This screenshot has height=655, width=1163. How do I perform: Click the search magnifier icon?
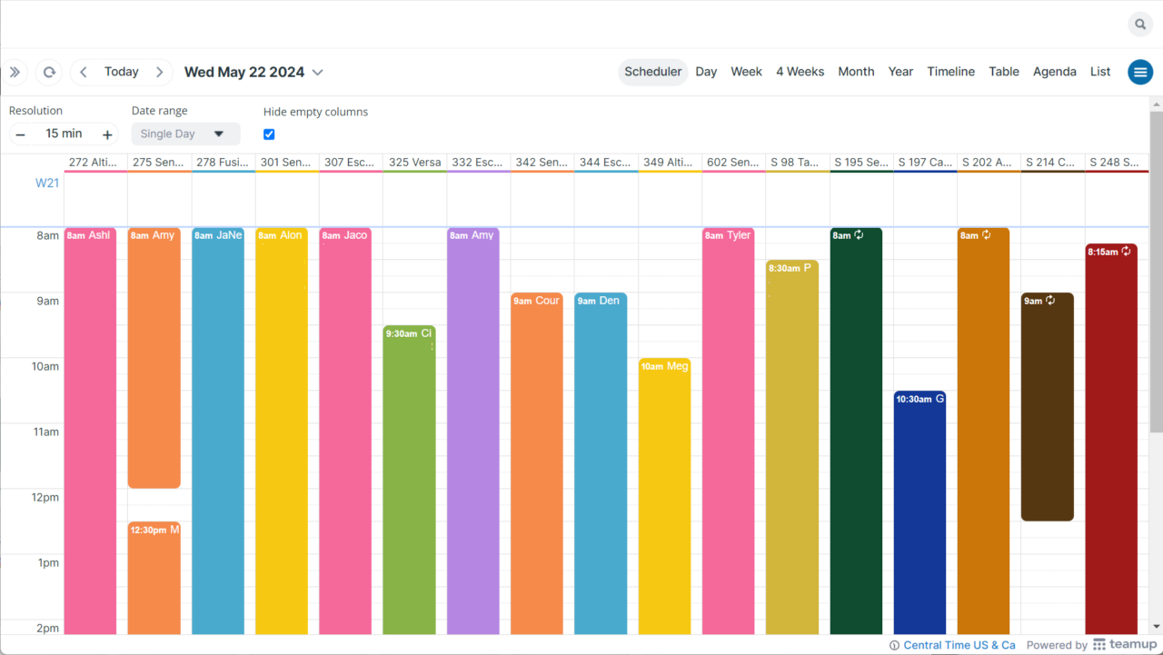(1140, 25)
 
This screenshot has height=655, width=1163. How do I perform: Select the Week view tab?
(746, 72)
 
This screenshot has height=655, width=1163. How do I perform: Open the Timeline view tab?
(950, 72)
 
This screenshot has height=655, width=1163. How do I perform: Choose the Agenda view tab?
(1054, 72)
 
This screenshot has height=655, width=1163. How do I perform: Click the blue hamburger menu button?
(1140, 72)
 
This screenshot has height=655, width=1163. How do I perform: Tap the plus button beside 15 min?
(107, 134)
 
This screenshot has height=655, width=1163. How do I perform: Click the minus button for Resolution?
(20, 134)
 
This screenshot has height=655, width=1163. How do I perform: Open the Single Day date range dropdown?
(185, 134)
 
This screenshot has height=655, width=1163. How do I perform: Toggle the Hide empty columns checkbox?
(269, 134)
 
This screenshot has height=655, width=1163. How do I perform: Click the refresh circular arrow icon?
(50, 72)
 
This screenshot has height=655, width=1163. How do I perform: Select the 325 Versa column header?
(414, 163)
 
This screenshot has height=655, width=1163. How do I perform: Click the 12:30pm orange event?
(154, 572)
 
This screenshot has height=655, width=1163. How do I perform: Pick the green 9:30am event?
(409, 472)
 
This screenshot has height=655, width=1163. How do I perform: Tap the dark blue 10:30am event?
(919, 509)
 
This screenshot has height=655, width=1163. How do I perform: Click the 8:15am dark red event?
(1111, 436)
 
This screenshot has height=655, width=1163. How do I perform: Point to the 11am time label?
(46, 432)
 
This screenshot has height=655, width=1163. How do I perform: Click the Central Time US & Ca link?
(959, 645)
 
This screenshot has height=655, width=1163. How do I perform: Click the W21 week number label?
(47, 183)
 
